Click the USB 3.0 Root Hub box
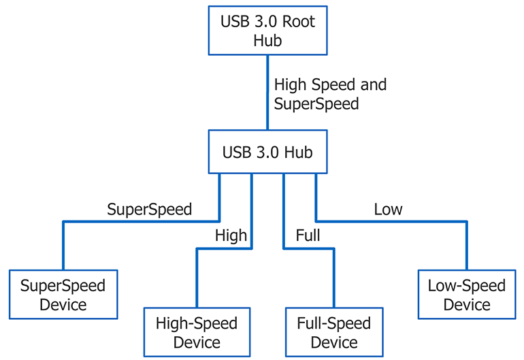(x=267, y=31)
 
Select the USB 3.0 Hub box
(x=267, y=152)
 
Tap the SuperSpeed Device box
(x=63, y=294)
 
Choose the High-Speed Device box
(x=197, y=332)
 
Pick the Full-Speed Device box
(x=334, y=332)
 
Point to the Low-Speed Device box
(x=467, y=294)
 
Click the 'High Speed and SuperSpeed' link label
(x=330, y=95)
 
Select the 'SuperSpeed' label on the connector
(x=150, y=209)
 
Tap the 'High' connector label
(x=231, y=236)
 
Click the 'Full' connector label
(x=308, y=236)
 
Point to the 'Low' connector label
(x=388, y=209)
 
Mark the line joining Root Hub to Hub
(x=267, y=92)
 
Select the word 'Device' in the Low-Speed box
(x=467, y=304)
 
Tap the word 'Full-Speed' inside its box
(x=334, y=323)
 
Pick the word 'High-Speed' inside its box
(x=197, y=323)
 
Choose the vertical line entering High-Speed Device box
(x=197, y=279)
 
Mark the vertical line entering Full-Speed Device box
(x=334, y=279)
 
